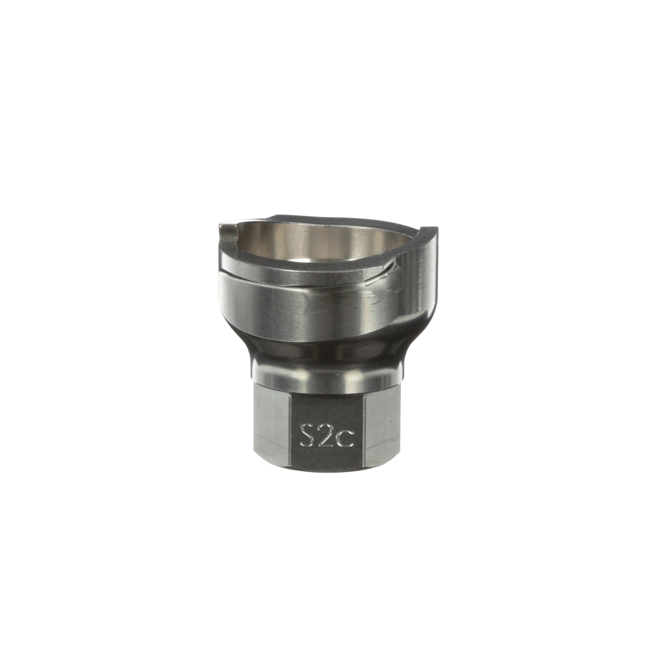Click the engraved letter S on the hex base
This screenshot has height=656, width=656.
pos(306,435)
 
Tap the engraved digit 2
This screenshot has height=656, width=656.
pos(326,435)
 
